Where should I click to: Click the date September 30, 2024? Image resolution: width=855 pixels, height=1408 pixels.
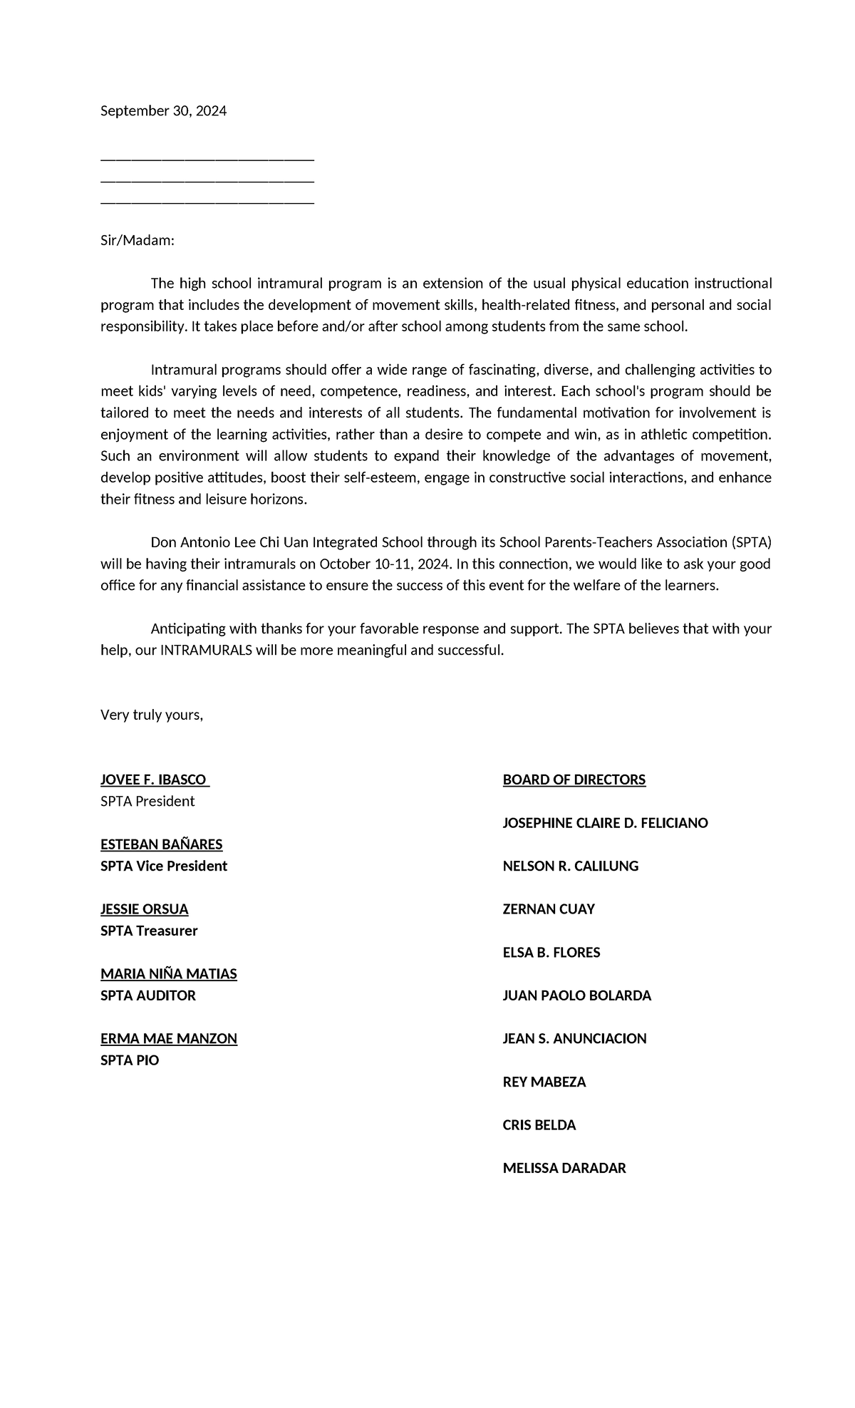pyautogui.click(x=163, y=110)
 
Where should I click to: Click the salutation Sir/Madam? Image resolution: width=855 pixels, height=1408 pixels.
pyautogui.click(x=137, y=240)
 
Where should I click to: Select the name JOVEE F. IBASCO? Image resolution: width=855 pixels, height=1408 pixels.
pyautogui.click(x=154, y=780)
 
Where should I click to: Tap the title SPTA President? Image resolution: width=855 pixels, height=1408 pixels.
pyautogui.click(x=147, y=801)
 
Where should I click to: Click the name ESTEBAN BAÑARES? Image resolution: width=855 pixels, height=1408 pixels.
pyautogui.click(x=161, y=844)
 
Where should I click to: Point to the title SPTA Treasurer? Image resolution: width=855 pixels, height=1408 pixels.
pyautogui.click(x=149, y=931)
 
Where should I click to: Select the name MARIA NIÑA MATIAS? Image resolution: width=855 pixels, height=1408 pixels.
pyautogui.click(x=168, y=974)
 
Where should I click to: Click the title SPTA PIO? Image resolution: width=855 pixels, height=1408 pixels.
pyautogui.click(x=130, y=1060)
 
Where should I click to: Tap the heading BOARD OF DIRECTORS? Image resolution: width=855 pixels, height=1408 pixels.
pyautogui.click(x=574, y=780)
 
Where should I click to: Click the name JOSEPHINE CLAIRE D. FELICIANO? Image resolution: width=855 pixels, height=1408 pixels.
pyautogui.click(x=605, y=823)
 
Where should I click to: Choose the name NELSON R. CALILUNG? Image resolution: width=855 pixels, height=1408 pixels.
pyautogui.click(x=570, y=866)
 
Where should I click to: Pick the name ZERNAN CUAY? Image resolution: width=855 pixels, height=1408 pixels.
pyautogui.click(x=548, y=909)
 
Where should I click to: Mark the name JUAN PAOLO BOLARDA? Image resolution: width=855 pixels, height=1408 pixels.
pyautogui.click(x=576, y=995)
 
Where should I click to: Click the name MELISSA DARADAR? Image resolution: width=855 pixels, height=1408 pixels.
pyautogui.click(x=564, y=1168)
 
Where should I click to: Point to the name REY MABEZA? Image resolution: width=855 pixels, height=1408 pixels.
pyautogui.click(x=544, y=1082)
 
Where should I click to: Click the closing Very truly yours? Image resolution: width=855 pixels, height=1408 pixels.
pyautogui.click(x=152, y=715)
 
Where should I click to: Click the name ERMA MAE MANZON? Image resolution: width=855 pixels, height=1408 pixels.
pyautogui.click(x=168, y=1038)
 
